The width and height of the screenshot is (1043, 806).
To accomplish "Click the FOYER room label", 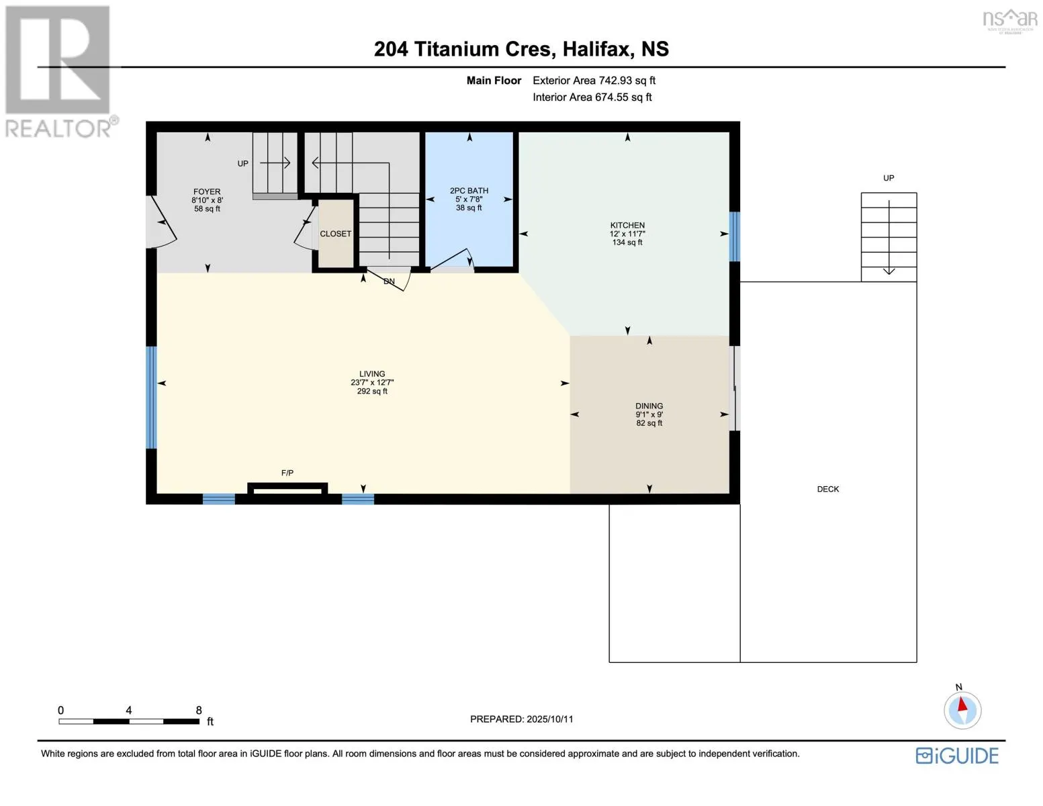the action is pos(207,191).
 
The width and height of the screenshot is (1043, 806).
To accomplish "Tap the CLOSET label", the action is pos(336,234).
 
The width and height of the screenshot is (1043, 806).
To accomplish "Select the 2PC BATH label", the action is pos(469,191).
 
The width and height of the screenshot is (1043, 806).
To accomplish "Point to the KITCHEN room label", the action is pos(627,225).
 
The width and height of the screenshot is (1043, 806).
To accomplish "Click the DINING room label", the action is pos(649,406).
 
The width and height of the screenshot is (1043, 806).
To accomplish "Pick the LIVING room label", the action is pos(372,374).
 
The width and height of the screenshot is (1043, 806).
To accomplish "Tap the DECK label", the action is pos(828,489).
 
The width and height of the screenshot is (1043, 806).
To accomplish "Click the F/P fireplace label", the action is pos(287,473).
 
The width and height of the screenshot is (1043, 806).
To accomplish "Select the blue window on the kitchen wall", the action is pos(734,236).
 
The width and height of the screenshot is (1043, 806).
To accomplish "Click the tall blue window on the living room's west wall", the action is pos(151,398).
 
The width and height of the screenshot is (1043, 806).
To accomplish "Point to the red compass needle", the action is pos(962,705).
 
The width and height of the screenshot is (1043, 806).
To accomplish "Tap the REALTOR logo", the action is pos(60,72).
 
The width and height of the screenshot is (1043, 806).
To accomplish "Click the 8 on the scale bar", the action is pos(199,710).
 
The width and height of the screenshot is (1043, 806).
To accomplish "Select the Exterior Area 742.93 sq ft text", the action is pos(594,81).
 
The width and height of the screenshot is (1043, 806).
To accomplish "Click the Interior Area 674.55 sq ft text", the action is pos(592,97).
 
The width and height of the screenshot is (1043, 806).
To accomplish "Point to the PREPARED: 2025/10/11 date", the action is pos(521,719).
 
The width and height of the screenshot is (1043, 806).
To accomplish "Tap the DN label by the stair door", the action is pos(389,281).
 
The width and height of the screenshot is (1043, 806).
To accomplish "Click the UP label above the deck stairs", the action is pos(889,178).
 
